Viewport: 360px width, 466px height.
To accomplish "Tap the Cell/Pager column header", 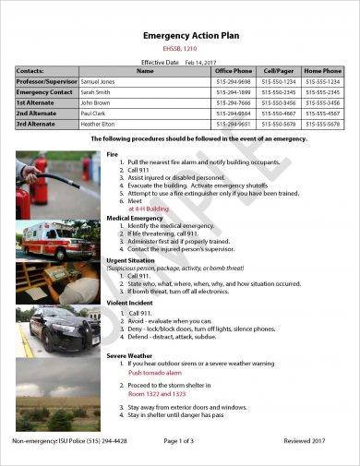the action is (x=280, y=70).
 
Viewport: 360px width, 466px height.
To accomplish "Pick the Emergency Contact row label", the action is (x=43, y=92).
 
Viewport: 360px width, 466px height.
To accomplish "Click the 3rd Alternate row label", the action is (x=36, y=124).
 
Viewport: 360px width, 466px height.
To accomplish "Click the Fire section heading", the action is (x=113, y=153).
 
